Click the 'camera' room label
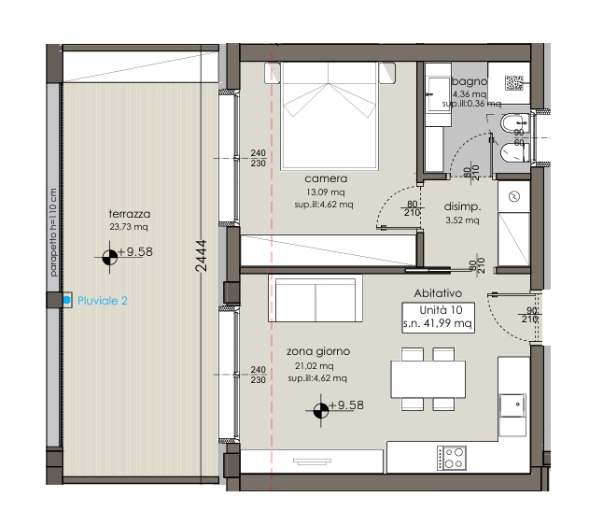point(326,178)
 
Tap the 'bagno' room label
point(470,81)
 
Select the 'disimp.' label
point(462,206)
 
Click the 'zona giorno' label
point(318,351)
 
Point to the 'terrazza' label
point(129,214)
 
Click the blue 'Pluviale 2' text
point(102,301)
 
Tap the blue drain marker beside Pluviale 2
point(67,300)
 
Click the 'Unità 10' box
point(439,318)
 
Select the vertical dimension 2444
point(201,256)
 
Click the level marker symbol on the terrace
point(110,258)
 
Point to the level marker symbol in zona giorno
point(321,411)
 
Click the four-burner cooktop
point(452,458)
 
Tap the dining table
point(428,379)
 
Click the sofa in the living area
point(316,298)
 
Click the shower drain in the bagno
point(514,83)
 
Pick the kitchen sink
point(512,405)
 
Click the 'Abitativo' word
point(438,293)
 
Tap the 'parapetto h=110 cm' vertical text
point(53,233)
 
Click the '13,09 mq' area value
point(325,192)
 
